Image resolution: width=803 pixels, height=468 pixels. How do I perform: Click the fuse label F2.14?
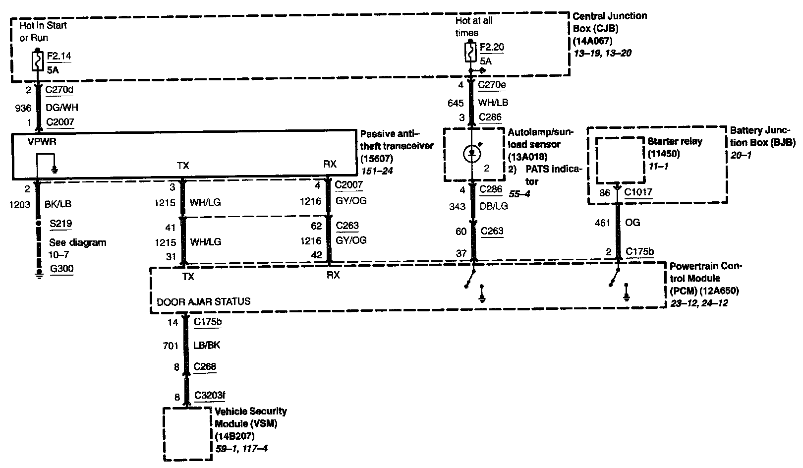pyautogui.click(x=58, y=56)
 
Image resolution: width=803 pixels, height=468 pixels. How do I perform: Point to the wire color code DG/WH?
pyautogui.click(x=61, y=108)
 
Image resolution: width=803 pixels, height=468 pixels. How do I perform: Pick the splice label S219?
pyautogui.click(x=60, y=224)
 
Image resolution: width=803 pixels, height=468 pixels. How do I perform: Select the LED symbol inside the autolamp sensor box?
pyautogui.click(x=471, y=154)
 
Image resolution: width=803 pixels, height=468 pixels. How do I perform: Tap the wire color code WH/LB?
pyautogui.click(x=493, y=103)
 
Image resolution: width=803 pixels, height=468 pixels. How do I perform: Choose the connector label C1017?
pyautogui.click(x=638, y=192)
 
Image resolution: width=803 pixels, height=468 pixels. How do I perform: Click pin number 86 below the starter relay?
pyautogui.click(x=605, y=192)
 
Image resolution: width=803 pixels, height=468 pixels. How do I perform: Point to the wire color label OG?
pyautogui.click(x=633, y=223)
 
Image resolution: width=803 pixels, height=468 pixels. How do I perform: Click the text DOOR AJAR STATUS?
pyautogui.click(x=203, y=301)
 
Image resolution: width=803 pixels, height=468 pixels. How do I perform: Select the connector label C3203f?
pyautogui.click(x=210, y=396)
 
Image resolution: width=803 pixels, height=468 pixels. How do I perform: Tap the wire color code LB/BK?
pyautogui.click(x=207, y=345)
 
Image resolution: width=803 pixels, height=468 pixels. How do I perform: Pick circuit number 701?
pyautogui.click(x=170, y=346)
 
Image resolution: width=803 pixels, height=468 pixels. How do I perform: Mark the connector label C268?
pyautogui.click(x=205, y=367)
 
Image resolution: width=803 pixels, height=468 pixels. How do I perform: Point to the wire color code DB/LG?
pyautogui.click(x=493, y=206)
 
